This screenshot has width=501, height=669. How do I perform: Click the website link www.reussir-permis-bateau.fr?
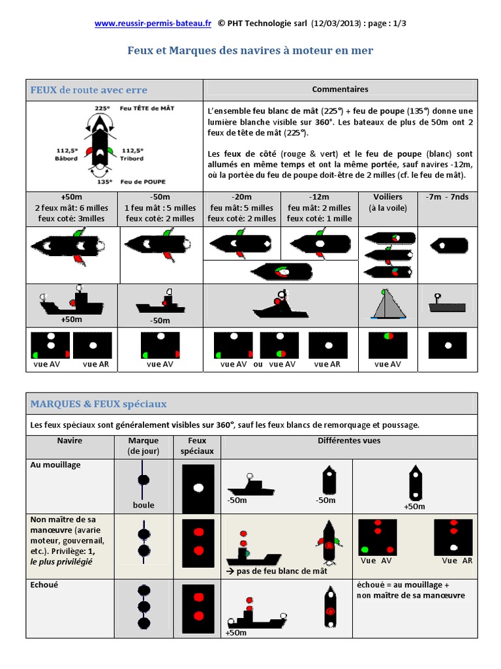[153, 24]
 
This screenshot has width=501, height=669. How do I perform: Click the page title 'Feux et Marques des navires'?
[250, 50]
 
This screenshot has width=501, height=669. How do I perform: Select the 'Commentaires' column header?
[340, 90]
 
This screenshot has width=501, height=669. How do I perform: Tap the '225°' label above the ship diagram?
[102, 108]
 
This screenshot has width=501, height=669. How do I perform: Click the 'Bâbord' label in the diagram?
[67, 159]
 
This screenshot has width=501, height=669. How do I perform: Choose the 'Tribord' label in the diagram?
[132, 159]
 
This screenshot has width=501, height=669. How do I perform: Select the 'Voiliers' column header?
[387, 197]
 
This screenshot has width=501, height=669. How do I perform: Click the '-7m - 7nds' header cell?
[447, 197]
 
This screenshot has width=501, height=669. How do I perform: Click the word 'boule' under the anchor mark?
[144, 505]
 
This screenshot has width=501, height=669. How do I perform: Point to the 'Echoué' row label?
[44, 585]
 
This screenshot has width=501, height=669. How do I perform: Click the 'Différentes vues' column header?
[349, 441]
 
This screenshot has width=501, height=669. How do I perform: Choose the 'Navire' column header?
[70, 441]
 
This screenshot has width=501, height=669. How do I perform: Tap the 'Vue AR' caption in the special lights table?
[457, 561]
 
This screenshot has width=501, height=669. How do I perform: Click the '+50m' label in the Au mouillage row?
[414, 506]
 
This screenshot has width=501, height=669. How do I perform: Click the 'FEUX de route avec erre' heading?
[89, 90]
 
